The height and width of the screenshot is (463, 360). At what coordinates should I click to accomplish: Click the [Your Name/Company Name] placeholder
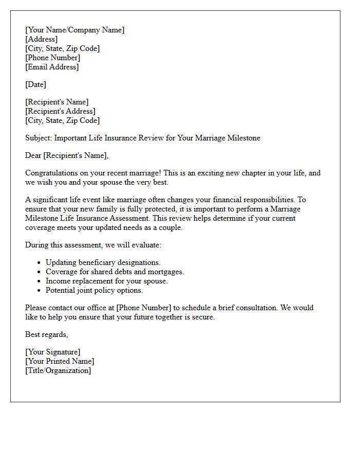(75, 30)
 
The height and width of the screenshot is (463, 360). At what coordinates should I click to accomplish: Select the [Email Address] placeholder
(52, 67)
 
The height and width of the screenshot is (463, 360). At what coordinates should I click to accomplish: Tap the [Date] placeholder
(35, 84)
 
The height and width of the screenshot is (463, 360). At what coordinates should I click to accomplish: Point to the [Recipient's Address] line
(60, 111)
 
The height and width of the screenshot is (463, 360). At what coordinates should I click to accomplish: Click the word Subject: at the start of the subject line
(39, 138)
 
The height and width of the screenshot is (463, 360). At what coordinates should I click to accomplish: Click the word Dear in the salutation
(33, 155)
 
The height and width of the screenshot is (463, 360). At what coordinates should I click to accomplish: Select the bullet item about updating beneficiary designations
(103, 262)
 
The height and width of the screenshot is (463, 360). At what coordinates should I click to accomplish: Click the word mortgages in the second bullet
(166, 272)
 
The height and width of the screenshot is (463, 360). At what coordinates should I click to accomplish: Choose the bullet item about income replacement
(106, 281)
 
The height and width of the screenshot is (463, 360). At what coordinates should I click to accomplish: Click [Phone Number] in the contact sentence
(144, 308)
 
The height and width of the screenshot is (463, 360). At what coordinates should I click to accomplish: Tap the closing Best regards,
(46, 334)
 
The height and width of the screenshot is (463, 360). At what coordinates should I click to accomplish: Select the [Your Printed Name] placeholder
(60, 361)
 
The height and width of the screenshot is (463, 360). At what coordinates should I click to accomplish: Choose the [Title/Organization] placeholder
(58, 370)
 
